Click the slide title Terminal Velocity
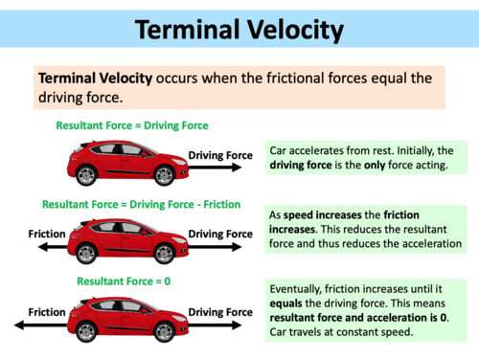(239, 31)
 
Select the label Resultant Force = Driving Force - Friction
(141, 204)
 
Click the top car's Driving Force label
(219, 155)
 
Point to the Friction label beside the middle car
(45, 234)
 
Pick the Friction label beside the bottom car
(45, 313)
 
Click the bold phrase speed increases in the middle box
(319, 215)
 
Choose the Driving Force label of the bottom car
(219, 313)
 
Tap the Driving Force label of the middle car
(219, 234)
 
